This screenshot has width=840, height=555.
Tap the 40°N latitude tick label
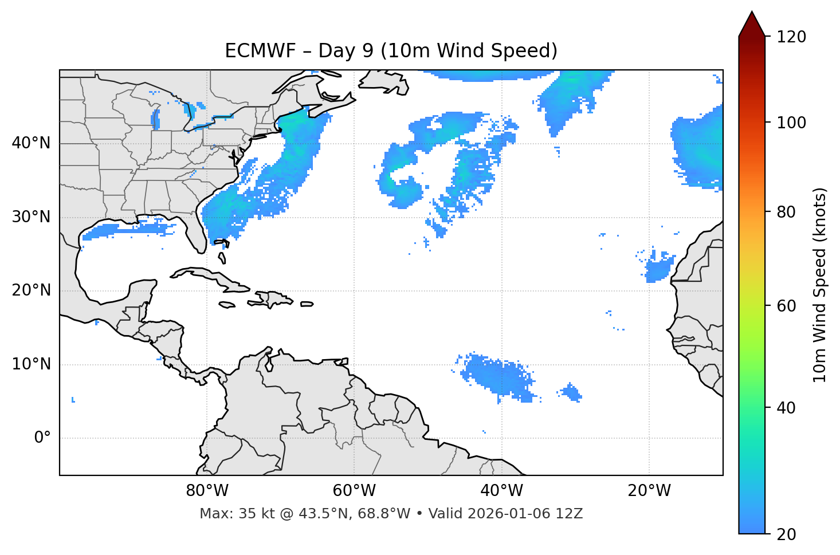[31, 143]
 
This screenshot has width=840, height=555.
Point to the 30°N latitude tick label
[31, 217]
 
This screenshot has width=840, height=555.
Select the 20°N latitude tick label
[31, 290]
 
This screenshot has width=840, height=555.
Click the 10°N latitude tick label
[31, 364]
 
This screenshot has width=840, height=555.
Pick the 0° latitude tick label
[42, 438]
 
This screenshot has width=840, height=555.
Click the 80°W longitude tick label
[207, 491]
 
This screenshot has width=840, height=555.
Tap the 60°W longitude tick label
[354, 491]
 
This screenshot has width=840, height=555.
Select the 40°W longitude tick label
[501, 491]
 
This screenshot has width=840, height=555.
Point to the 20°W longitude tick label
[649, 491]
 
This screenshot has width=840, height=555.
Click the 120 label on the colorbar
[791, 37]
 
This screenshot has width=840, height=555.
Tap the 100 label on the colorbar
[791, 123]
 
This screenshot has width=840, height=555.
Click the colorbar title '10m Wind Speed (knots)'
[820, 285]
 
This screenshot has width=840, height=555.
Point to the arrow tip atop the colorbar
[752, 13]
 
